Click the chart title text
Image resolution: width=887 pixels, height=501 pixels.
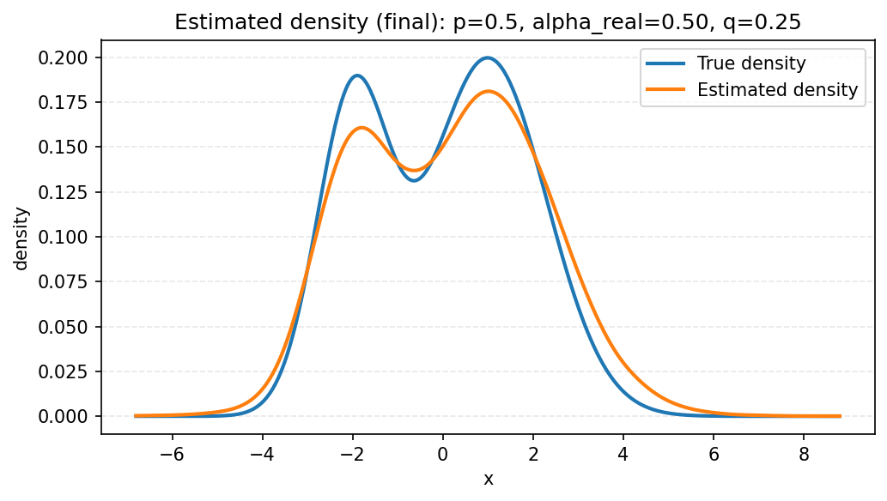(x=488, y=22)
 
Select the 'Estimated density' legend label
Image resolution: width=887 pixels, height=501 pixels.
(x=777, y=89)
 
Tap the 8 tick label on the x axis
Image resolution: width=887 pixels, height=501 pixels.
(x=804, y=455)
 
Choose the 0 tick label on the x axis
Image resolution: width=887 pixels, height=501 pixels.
(x=443, y=455)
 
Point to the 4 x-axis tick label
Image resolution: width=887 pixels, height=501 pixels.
(x=623, y=455)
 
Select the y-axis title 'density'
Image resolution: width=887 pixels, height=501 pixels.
(x=21, y=237)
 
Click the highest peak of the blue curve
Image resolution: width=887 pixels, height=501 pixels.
(x=488, y=57)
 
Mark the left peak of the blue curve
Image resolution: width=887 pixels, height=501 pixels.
(x=356, y=75)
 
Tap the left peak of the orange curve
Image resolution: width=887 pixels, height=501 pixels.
(x=361, y=128)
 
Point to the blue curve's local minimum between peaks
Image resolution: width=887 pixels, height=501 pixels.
(x=414, y=180)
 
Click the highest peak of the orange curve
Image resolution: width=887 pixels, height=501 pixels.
(x=488, y=91)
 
